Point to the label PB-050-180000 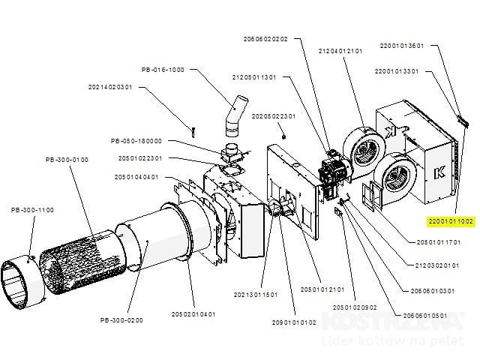click(x=136, y=141)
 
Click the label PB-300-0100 click(x=67, y=160)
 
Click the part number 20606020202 click(x=266, y=39)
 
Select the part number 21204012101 click(x=340, y=51)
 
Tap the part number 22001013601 click(x=402, y=45)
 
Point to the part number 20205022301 click(x=274, y=116)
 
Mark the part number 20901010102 click(x=294, y=322)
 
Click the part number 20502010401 click(x=193, y=314)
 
